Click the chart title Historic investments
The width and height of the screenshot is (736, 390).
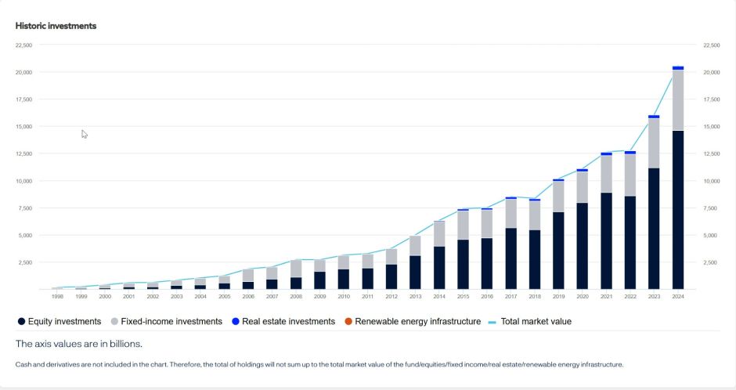[x=56, y=26]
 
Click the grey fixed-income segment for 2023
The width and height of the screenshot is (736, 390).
[x=654, y=143]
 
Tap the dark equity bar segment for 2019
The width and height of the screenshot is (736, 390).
[x=558, y=251]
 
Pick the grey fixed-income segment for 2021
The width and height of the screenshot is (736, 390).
[x=606, y=174]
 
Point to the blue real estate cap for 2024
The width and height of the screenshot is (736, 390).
[x=678, y=68]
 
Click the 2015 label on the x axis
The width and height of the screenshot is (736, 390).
[x=463, y=297]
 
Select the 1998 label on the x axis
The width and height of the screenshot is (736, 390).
[x=57, y=297]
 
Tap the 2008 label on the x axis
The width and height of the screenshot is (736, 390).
[x=296, y=297]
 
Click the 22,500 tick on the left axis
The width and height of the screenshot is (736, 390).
[x=23, y=45]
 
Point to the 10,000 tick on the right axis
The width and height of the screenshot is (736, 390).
[x=712, y=181]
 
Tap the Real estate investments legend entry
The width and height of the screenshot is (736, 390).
[x=283, y=321]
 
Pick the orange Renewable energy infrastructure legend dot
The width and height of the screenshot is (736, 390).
[x=349, y=321]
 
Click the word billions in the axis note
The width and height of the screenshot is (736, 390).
[x=121, y=343]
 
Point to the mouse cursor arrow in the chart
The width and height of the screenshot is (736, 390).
[x=85, y=134]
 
